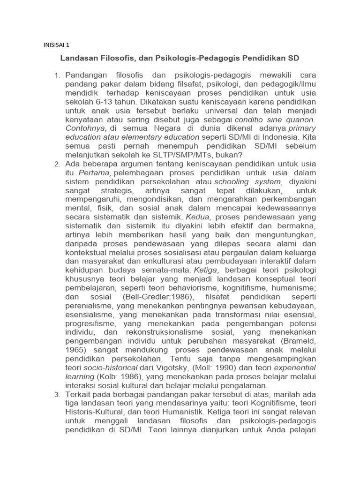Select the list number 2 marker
(57, 164)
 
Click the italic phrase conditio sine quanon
(276, 119)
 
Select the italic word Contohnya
(86, 128)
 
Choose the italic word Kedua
(199, 217)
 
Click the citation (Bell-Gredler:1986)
(155, 298)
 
